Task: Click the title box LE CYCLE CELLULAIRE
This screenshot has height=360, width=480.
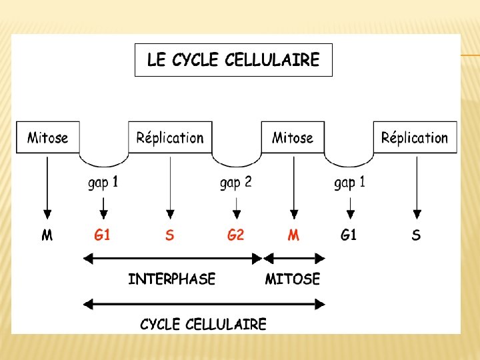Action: pyautogui.click(x=233, y=60)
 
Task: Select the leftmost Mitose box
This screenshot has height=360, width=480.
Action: pyautogui.click(x=47, y=137)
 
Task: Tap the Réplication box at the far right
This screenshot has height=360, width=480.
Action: pyautogui.click(x=415, y=137)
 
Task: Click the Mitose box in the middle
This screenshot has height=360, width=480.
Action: pyautogui.click(x=293, y=137)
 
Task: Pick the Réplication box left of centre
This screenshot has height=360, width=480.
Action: pyautogui.click(x=170, y=137)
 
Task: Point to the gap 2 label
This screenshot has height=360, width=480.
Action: pyautogui.click(x=235, y=182)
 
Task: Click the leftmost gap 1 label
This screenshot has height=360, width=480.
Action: pyautogui.click(x=103, y=182)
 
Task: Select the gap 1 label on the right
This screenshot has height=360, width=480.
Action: pyautogui.click(x=349, y=182)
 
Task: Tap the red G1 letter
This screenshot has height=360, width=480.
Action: pyautogui.click(x=102, y=235)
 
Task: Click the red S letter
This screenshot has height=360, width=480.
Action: pyautogui.click(x=170, y=235)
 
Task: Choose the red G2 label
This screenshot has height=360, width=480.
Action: pyautogui.click(x=235, y=235)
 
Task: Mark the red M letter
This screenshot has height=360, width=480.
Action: pyautogui.click(x=293, y=235)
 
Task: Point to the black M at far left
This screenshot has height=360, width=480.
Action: pyautogui.click(x=47, y=235)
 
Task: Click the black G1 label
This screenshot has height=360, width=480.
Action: pyautogui.click(x=349, y=235)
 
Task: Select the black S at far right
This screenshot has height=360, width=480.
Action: pyautogui.click(x=416, y=235)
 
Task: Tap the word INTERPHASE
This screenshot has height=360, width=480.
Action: pyautogui.click(x=172, y=279)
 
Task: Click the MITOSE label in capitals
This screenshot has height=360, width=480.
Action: pyautogui.click(x=293, y=279)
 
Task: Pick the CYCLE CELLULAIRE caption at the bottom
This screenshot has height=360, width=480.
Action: pyautogui.click(x=203, y=325)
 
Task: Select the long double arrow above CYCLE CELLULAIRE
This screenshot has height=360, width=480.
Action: pyautogui.click(x=203, y=304)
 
